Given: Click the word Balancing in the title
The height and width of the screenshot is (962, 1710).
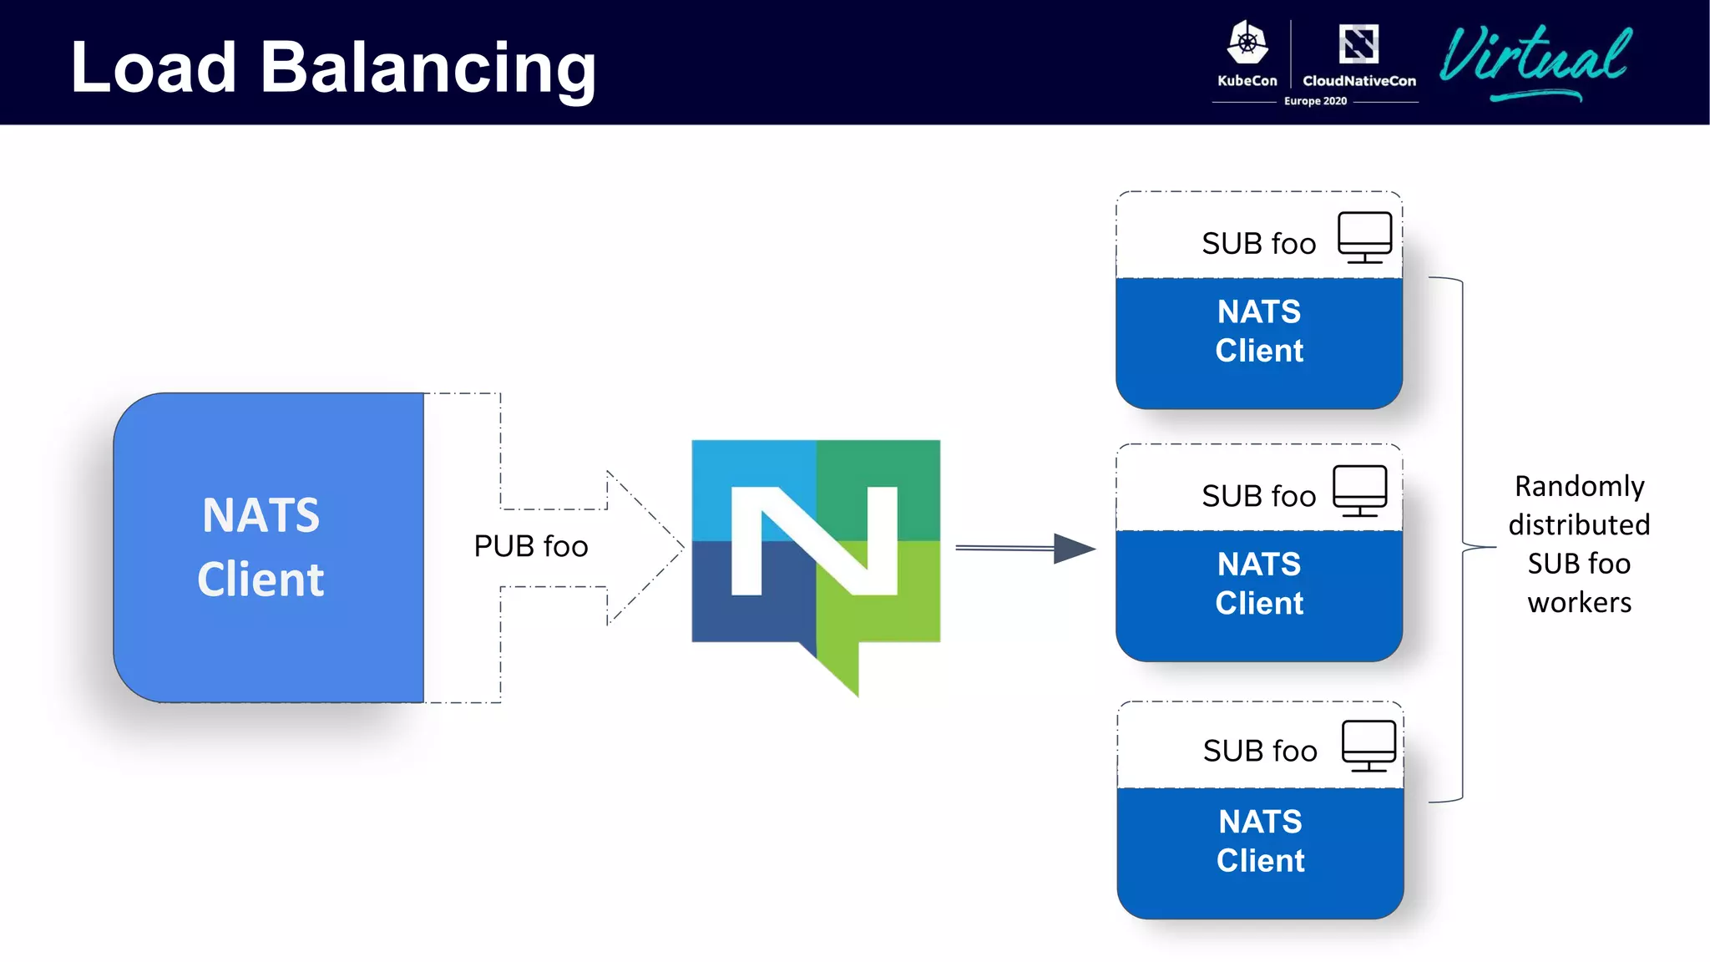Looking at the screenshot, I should (427, 68).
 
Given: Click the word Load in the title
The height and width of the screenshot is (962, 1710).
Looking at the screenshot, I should (154, 68).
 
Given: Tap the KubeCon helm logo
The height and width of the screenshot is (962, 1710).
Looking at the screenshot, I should (1247, 43).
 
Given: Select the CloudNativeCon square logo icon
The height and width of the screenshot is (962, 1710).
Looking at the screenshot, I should (1358, 44).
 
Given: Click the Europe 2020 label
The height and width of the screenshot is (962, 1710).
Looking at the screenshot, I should (1315, 101).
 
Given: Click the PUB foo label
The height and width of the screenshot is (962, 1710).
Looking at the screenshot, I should (531, 546).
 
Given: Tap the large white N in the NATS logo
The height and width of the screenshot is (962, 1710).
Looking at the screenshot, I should (814, 541).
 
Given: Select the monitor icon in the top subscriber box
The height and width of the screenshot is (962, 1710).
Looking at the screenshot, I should (1364, 237).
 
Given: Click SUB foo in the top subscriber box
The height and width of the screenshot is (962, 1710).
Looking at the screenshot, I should (1258, 244).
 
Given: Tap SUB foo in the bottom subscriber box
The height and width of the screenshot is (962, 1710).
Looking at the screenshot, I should (1260, 751).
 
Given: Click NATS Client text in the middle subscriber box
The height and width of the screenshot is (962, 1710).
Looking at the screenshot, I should (1259, 584).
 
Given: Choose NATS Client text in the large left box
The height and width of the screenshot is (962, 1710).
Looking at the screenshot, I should (261, 547).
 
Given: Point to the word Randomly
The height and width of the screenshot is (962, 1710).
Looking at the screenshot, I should (1579, 486).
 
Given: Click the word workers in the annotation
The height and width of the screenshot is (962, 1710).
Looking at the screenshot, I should (1579, 602).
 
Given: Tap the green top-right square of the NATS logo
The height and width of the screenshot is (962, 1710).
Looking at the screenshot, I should (878, 489).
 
